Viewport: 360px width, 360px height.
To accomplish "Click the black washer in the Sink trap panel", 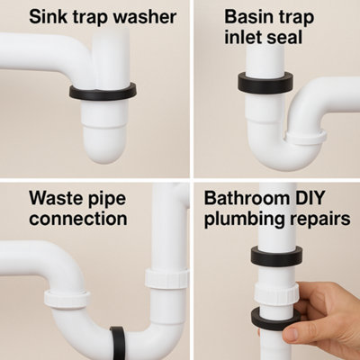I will (x=102, y=91).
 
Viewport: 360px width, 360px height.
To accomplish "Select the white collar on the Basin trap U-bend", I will (x=307, y=136).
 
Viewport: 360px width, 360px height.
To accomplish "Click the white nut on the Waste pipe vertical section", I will (x=166, y=276).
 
